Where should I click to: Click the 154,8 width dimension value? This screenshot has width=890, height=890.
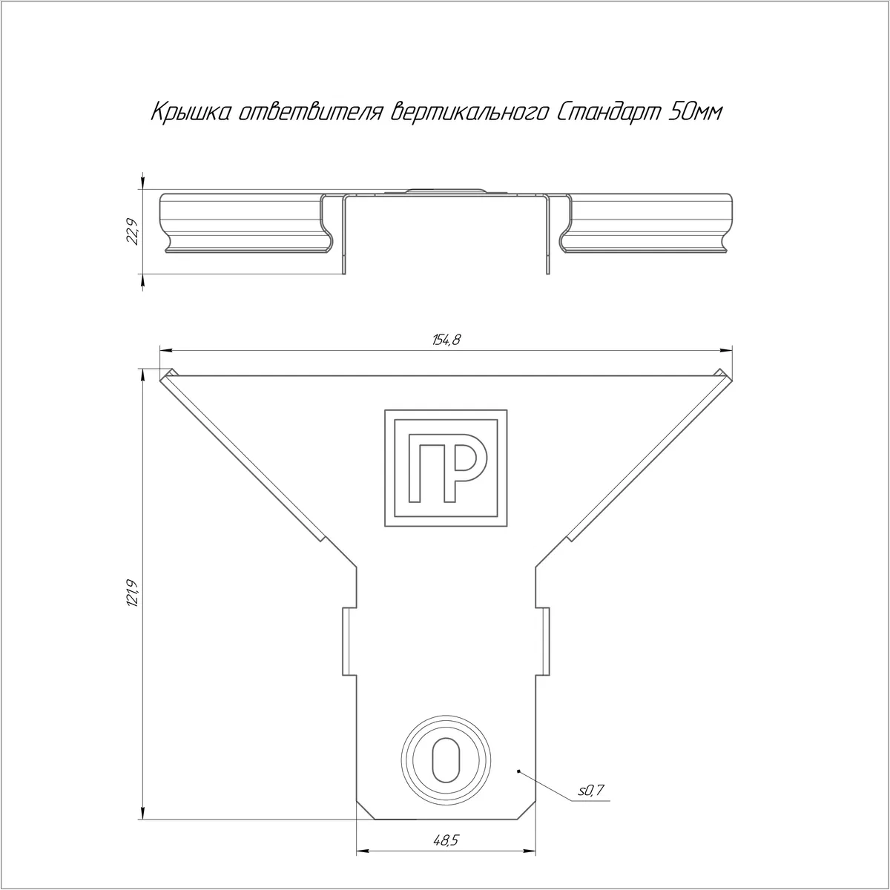click(x=446, y=340)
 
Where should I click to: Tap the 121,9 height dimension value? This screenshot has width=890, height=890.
click(x=133, y=593)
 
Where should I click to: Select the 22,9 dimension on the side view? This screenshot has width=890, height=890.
click(x=133, y=231)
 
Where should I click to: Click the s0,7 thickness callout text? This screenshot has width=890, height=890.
click(x=590, y=791)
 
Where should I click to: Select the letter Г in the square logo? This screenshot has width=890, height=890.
click(x=423, y=468)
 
